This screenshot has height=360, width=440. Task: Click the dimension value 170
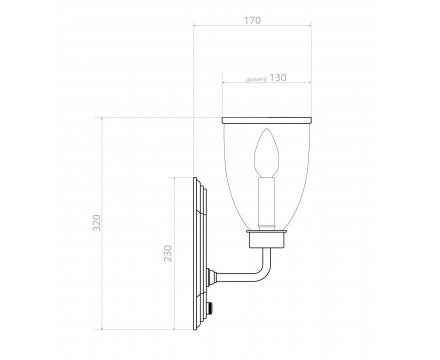(252, 20)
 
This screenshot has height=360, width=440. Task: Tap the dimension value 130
(278, 77)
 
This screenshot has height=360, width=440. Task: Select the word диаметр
(256, 79)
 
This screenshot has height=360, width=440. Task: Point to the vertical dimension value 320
(96, 223)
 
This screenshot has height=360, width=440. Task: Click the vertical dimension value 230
(168, 253)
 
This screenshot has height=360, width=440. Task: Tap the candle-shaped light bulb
(266, 153)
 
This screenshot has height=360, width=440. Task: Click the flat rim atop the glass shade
(266, 120)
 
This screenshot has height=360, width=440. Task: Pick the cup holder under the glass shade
(266, 239)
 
